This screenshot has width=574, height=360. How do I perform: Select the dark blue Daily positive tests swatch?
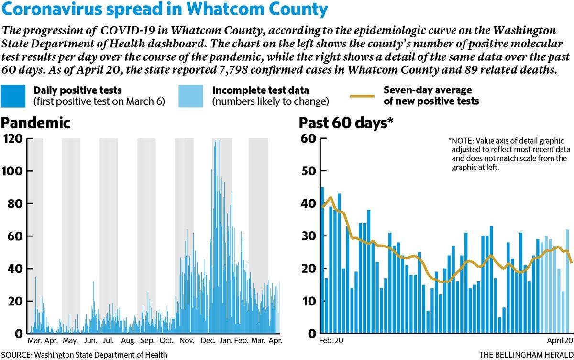pos(13,96)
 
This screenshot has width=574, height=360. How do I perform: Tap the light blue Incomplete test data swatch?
pos(191,96)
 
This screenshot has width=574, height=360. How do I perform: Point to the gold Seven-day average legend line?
pos(363,96)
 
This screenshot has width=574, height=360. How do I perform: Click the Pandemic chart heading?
pos(35,123)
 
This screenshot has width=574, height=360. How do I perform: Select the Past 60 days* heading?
pos(346,123)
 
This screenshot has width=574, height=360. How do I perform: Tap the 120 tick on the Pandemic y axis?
pos(13,139)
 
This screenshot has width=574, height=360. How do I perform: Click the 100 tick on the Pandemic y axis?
pos(13,171)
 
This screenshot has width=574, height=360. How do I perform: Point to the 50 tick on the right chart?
pos(309,171)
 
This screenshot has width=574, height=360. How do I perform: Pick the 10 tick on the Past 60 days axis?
pos(309,301)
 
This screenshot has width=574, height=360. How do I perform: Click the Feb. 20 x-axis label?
pos(331,340)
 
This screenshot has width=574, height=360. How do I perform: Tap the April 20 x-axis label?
pos(560,340)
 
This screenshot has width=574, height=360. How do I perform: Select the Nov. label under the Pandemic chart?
pos(187,340)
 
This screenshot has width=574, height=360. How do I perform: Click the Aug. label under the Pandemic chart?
pos(128,341)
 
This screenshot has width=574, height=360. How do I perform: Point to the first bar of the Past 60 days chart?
pos(322,260)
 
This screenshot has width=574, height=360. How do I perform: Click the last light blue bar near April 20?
pos(567,281)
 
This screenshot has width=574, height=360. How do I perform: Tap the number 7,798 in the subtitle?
pos(233,70)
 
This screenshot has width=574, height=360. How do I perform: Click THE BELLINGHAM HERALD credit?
pos(526,355)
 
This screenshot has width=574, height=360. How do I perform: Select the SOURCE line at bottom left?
pos(84,355)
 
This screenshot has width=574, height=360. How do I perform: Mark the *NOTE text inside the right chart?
pos(509,154)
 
